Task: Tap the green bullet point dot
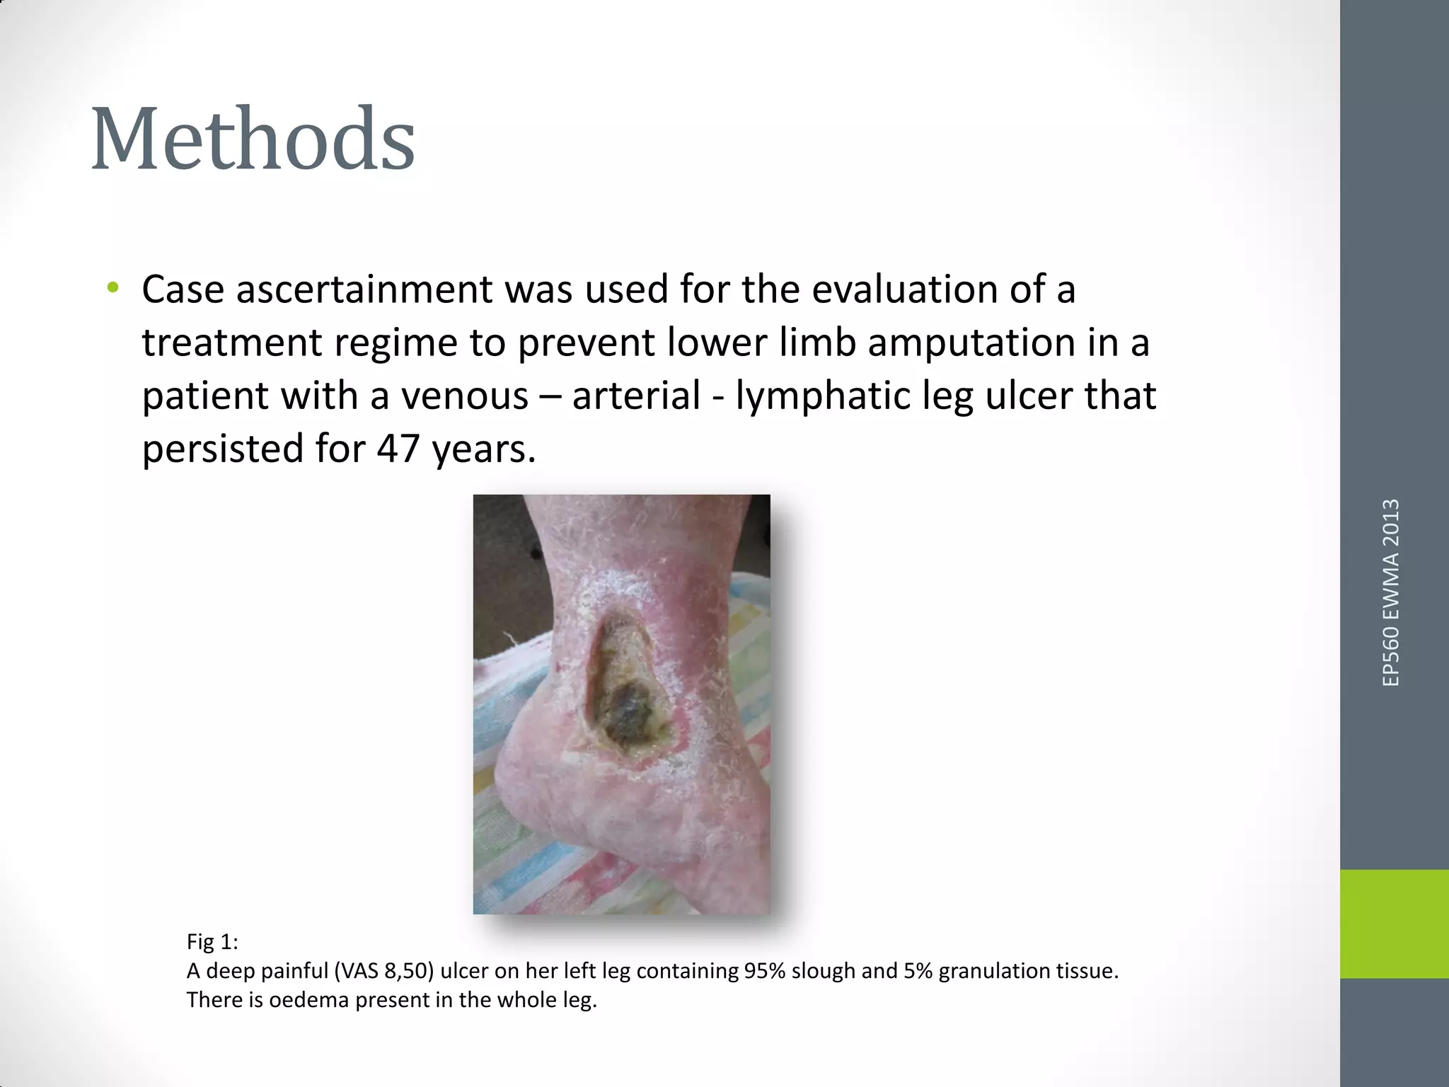[112, 287]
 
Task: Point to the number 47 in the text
[399, 449]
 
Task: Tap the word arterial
[636, 396]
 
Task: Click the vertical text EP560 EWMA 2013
[1390, 592]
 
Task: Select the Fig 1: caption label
[212, 941]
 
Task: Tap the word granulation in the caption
[991, 970]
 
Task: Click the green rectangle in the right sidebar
[1394, 924]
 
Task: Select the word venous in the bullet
[465, 396]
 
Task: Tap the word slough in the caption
[823, 970]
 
